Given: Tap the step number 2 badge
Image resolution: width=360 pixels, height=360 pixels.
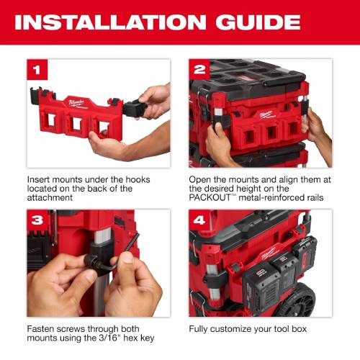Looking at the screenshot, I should click(199, 70).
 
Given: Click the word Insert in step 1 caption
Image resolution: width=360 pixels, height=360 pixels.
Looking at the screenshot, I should click(39, 178).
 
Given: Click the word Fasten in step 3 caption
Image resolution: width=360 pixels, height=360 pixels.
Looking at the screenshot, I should click(42, 329).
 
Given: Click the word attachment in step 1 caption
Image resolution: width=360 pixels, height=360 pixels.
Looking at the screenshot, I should click(53, 198).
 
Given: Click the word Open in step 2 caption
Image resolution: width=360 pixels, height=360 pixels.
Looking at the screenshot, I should click(201, 178).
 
